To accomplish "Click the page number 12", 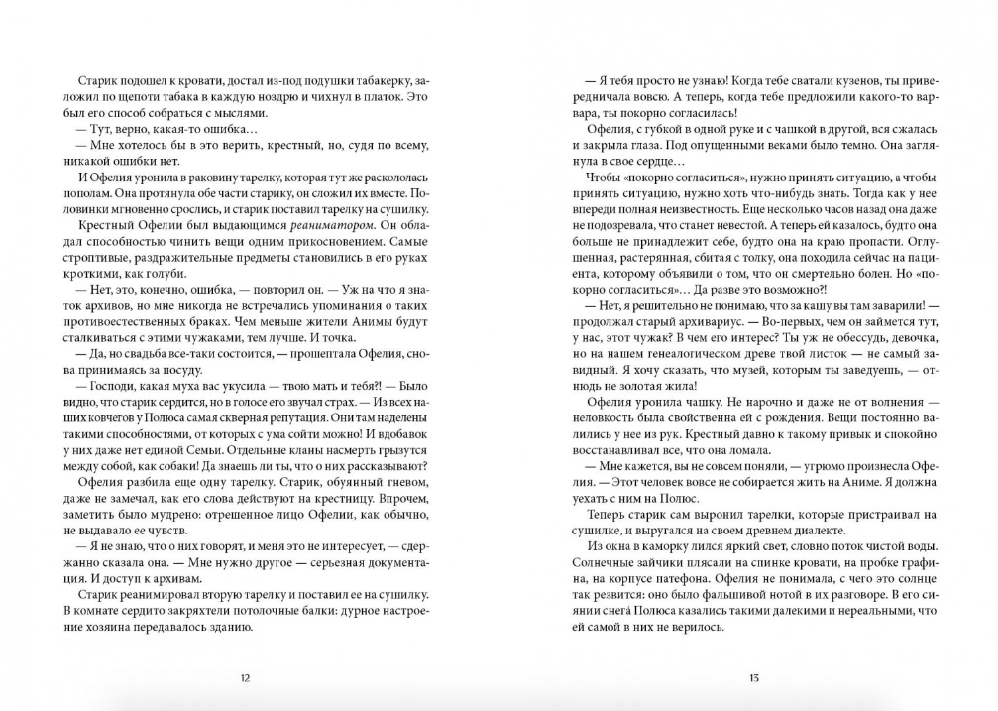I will pyautogui.click(x=245, y=678).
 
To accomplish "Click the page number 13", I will pyautogui.click(x=753, y=678).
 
